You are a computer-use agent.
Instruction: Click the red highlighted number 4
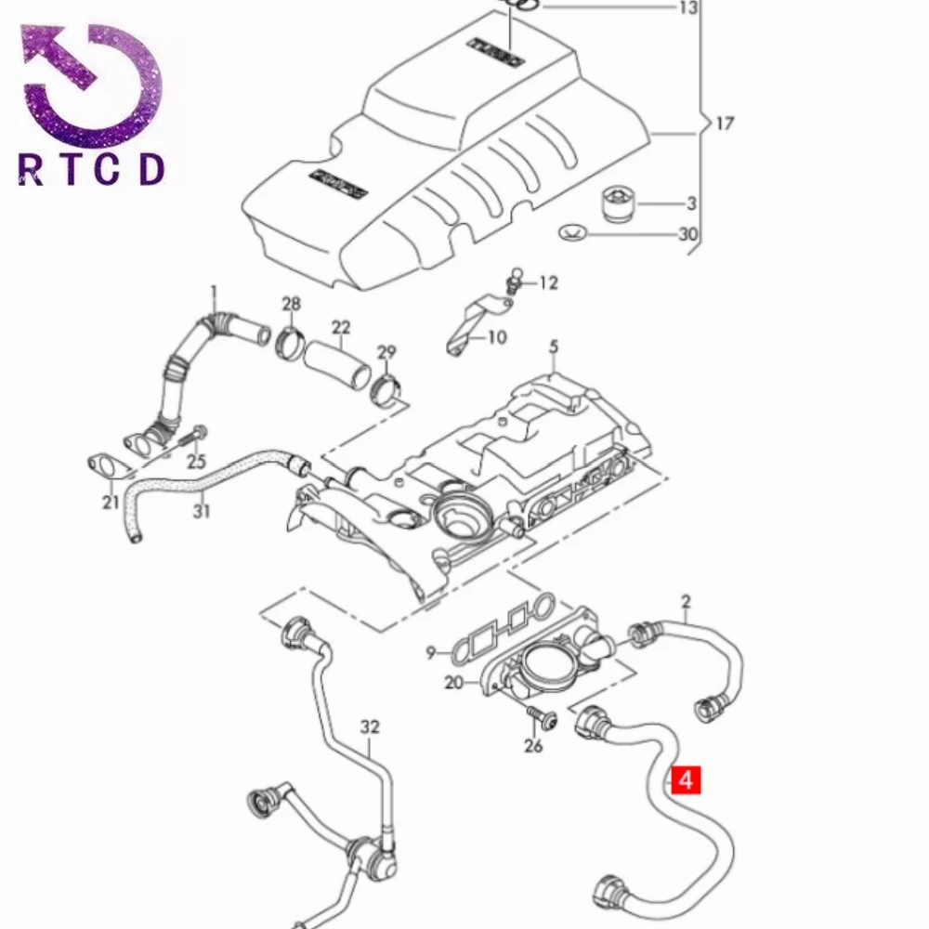(686, 779)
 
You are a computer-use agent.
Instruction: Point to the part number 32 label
(371, 727)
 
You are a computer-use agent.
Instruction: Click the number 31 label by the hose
(202, 511)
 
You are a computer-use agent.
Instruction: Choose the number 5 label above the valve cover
(554, 347)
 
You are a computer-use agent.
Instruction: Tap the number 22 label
(341, 327)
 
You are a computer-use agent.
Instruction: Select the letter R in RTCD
(31, 170)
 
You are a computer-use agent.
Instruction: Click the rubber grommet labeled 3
(615, 203)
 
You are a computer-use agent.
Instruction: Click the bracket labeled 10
(466, 325)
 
